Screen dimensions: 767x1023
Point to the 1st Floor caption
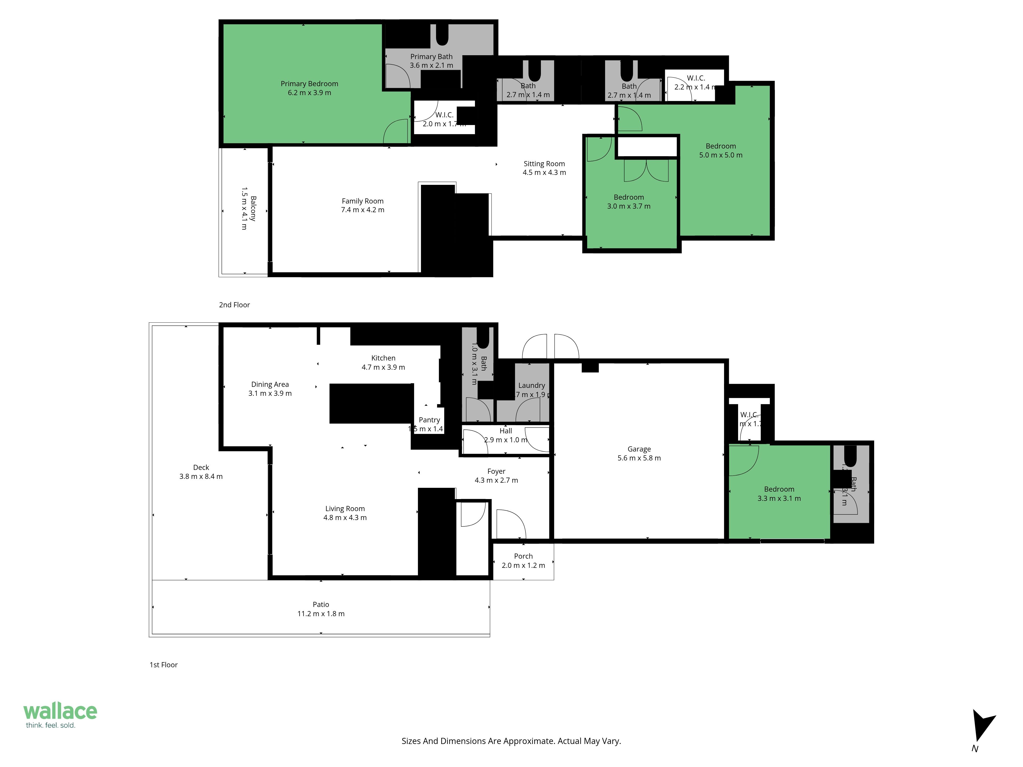(163, 665)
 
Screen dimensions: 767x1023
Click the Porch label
(523, 556)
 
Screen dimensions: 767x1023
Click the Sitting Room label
(544, 164)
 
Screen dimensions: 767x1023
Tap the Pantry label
(429, 420)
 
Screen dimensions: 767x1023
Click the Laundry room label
(531, 385)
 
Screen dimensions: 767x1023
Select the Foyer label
(496, 471)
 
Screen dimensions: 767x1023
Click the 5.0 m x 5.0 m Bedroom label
(720, 146)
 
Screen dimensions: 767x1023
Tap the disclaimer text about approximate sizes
(511, 741)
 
